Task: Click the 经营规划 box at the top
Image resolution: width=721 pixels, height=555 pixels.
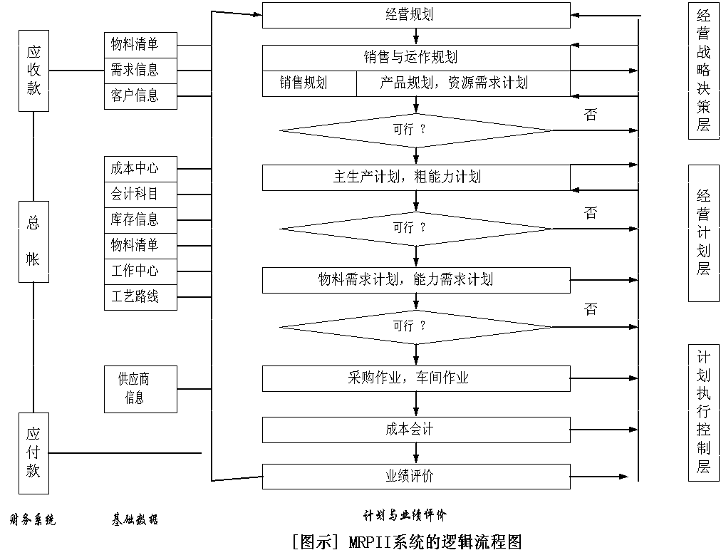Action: tap(416, 15)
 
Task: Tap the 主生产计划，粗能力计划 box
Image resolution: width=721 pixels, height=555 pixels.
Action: tap(416, 177)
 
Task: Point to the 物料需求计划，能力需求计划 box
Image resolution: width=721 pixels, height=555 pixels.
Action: tap(416, 280)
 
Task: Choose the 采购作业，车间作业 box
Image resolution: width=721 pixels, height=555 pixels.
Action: tap(416, 378)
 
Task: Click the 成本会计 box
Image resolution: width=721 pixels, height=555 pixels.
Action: tap(416, 430)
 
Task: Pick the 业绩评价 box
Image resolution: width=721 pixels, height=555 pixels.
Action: tap(416, 477)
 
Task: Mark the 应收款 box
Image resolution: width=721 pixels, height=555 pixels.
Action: tap(33, 71)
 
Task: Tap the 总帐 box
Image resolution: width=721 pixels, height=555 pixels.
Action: tap(33, 241)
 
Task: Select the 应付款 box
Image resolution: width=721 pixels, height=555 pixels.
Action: tap(33, 453)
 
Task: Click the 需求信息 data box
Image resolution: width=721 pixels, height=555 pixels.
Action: tap(140, 70)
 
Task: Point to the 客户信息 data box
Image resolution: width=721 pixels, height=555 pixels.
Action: tap(140, 95)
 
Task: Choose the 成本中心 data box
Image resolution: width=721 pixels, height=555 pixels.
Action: tap(140, 169)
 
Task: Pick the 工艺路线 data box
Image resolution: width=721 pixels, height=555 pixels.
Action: tap(140, 297)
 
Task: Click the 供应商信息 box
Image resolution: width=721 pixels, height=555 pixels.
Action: tap(140, 388)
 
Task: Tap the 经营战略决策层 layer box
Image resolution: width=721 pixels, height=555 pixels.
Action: tap(704, 71)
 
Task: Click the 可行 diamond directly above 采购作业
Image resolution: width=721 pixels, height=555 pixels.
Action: tap(416, 326)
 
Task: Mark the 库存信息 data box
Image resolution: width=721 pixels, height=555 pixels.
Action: tap(140, 220)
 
